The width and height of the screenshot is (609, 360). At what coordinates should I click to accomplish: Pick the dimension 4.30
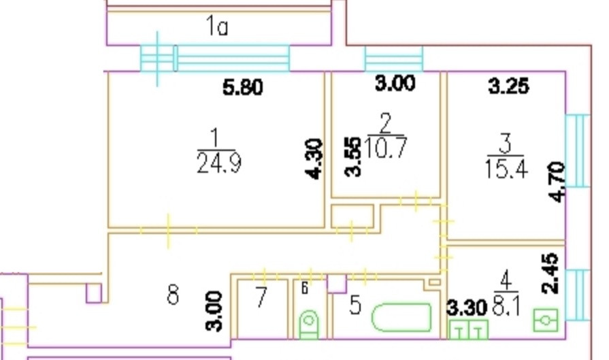click(x=314, y=159)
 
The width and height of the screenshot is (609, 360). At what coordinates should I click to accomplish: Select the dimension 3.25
click(x=510, y=87)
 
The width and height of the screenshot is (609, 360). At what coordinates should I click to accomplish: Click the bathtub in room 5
click(x=402, y=317)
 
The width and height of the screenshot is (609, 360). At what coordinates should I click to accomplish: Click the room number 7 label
click(x=262, y=298)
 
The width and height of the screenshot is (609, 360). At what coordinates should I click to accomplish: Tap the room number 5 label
click(x=355, y=306)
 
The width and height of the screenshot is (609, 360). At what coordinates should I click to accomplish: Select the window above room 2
click(x=394, y=59)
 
